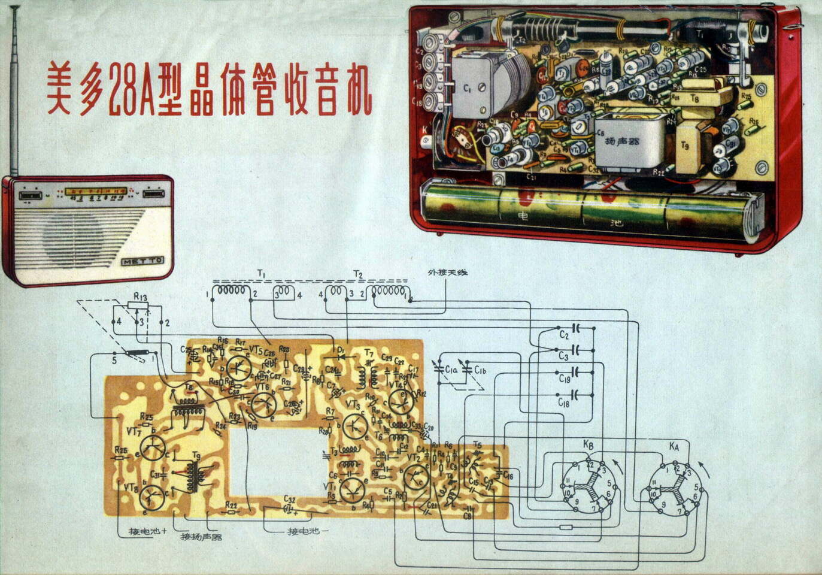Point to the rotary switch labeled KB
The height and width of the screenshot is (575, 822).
pyautogui.click(x=589, y=485)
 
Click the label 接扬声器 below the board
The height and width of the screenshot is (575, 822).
pyautogui.click(x=201, y=537)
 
